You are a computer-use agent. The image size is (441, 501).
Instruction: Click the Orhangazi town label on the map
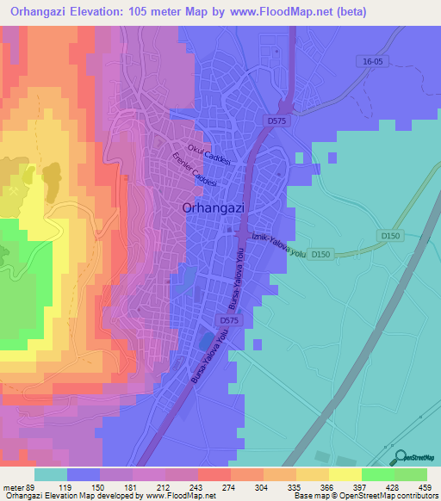pyautogui.click(x=215, y=207)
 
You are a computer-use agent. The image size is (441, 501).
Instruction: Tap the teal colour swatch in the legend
pyautogui.click(x=51, y=474)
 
